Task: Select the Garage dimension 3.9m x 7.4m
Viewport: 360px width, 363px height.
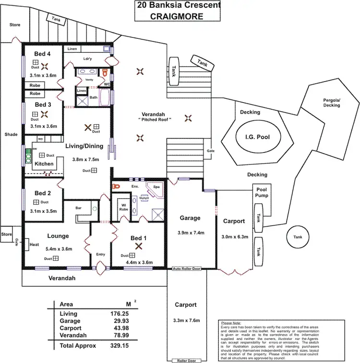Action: pyautogui.click(x=190, y=233)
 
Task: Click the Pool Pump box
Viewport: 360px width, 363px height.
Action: pyautogui.click(x=262, y=193)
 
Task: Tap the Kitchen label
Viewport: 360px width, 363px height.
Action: pyautogui.click(x=44, y=164)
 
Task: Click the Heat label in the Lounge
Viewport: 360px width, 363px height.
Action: pyautogui.click(x=34, y=245)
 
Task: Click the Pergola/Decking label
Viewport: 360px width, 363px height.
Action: pyautogui.click(x=331, y=103)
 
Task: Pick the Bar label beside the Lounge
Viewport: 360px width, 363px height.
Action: pyautogui.click(x=79, y=208)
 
